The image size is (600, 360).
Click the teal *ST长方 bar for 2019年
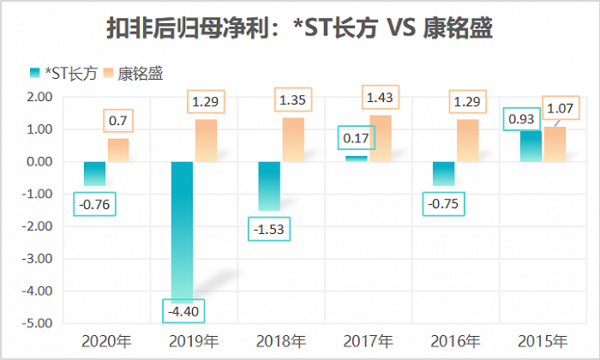(183, 231)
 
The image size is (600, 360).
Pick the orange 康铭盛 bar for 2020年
(118, 150)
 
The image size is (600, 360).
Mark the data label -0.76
(94, 204)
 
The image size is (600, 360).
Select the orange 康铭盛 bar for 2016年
(468, 141)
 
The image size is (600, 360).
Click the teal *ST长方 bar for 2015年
(531, 146)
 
